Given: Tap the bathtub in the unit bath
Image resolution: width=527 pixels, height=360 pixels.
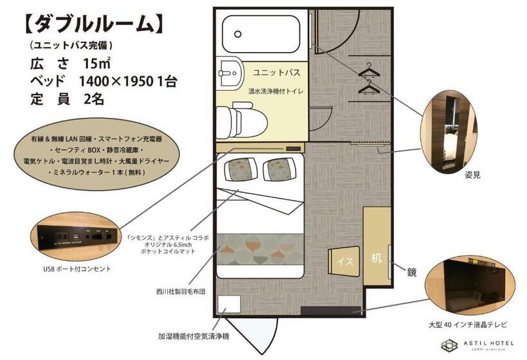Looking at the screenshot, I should [x=261, y=33].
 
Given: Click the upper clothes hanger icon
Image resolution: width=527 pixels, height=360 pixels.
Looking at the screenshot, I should [x=369, y=68].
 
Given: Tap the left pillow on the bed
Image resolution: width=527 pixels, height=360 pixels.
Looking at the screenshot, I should [x=238, y=169].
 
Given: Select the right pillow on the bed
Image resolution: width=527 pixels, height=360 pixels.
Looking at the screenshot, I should [x=278, y=169].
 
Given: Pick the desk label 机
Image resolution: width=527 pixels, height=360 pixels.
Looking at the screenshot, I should [x=376, y=258].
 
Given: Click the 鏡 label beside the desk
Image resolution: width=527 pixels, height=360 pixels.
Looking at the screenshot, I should [x=411, y=272].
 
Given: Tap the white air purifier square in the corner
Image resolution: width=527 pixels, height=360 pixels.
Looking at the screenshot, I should [x=228, y=303].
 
